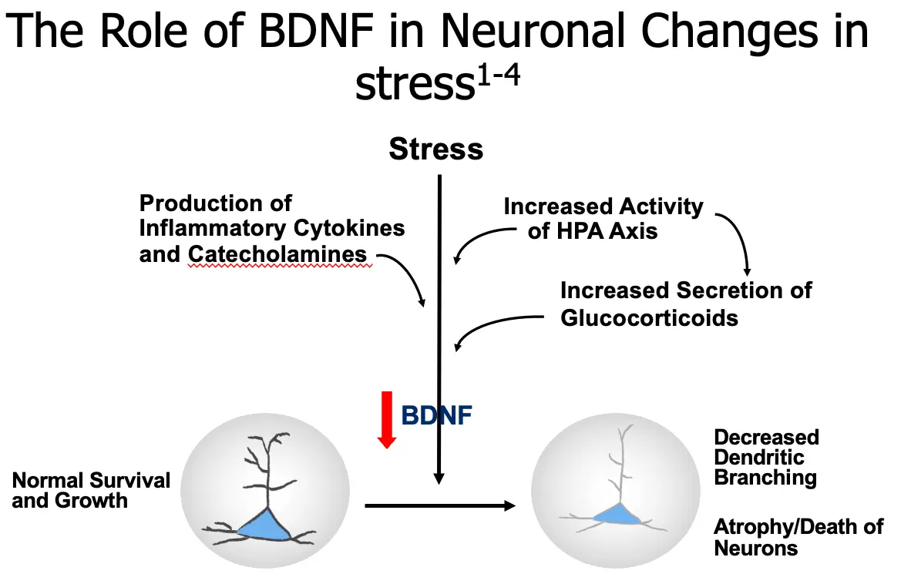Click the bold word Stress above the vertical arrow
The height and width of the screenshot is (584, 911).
click(x=435, y=149)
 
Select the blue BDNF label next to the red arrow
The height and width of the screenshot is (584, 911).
click(x=436, y=416)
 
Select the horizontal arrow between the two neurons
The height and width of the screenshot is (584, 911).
click(x=439, y=505)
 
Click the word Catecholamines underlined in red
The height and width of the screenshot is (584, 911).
click(x=278, y=254)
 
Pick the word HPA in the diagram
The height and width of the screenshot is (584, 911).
click(x=584, y=230)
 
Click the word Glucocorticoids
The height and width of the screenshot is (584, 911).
click(x=649, y=317)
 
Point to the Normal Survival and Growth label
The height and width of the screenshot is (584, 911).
click(x=91, y=491)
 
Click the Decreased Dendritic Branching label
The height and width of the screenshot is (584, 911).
click(x=765, y=458)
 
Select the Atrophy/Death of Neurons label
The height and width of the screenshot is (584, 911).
click(x=798, y=538)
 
